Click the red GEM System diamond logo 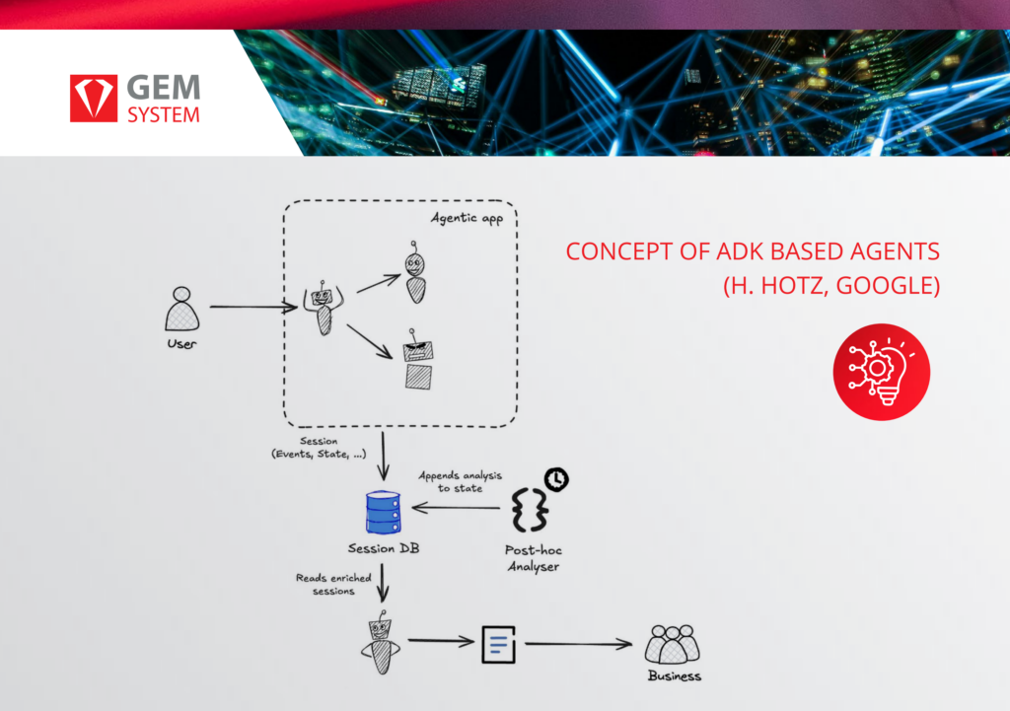(94, 98)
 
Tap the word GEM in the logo (164, 88)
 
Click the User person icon (181, 309)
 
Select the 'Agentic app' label (467, 218)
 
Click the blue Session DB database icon (384, 513)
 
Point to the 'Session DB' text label (384, 548)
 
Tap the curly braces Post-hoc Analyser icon (530, 510)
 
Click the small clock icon (556, 479)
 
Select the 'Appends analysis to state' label (460, 482)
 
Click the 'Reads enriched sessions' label (333, 584)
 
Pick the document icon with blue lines (498, 644)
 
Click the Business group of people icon (672, 644)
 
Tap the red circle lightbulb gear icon (881, 372)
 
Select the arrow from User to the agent (253, 308)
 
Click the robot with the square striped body (418, 360)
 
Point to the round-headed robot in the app (415, 272)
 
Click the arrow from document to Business (578, 643)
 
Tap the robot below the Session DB (381, 643)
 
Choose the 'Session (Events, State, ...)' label (319, 448)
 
